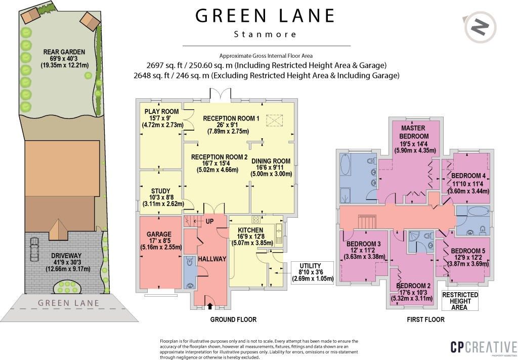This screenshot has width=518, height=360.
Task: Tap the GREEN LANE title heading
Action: pos(266,16)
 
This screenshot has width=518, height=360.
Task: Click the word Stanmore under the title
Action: pos(266,34)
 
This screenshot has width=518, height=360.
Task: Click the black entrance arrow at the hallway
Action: pos(210,305)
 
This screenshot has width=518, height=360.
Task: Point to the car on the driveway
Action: pos(34,251)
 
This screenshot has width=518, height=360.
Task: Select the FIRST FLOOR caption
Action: pos(425,319)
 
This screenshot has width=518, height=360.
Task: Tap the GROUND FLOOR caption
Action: pos(233,319)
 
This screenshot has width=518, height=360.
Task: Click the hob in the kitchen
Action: pos(255,219)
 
